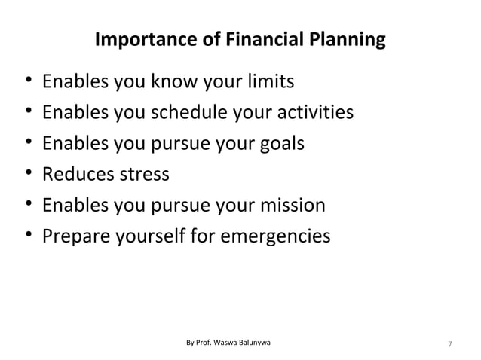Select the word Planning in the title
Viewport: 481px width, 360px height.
click(x=348, y=39)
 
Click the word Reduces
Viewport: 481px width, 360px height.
click(x=78, y=174)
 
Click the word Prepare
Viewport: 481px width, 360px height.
click(x=77, y=236)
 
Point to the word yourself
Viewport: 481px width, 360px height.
click(x=161, y=236)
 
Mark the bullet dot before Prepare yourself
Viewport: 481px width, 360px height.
click(x=27, y=236)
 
